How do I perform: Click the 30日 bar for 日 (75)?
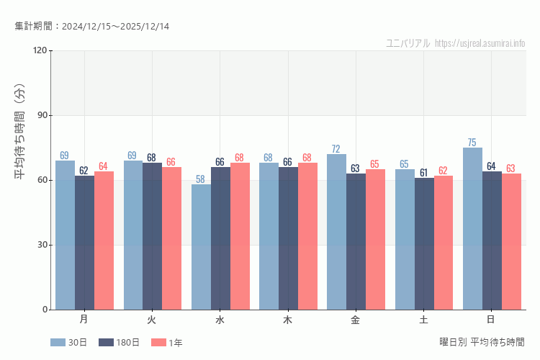pyautogui.click(x=472, y=229)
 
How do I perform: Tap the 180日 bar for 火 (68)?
pyautogui.click(x=152, y=236)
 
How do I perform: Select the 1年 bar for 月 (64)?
pyautogui.click(x=104, y=240)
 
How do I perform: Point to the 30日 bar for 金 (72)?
pyautogui.click(x=336, y=232)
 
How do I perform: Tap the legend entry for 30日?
pyautogui.click(x=69, y=343)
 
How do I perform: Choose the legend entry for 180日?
pyautogui.click(x=118, y=343)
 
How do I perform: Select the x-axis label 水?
pyautogui.click(x=220, y=319)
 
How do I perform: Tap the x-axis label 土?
pyautogui.click(x=423, y=319)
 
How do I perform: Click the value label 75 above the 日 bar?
pyautogui.click(x=472, y=142)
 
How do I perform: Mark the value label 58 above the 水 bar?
pyautogui.click(x=201, y=179)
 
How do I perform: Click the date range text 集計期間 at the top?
pyautogui.click(x=91, y=27)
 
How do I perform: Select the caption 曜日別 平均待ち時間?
pyautogui.click(x=482, y=342)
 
